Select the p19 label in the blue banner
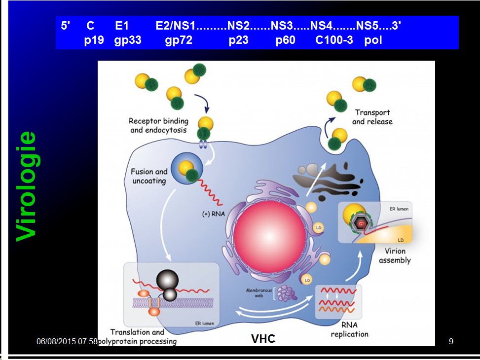pos(94,40)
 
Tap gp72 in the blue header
pos(179,40)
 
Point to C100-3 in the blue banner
pos(334,40)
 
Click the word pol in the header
pos(373,40)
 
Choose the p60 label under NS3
pos(285,40)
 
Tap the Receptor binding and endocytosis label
pos(158,125)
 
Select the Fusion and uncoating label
pos(149,176)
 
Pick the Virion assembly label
pos(395,255)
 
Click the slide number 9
pos(450,341)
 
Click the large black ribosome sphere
pos(166,280)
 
